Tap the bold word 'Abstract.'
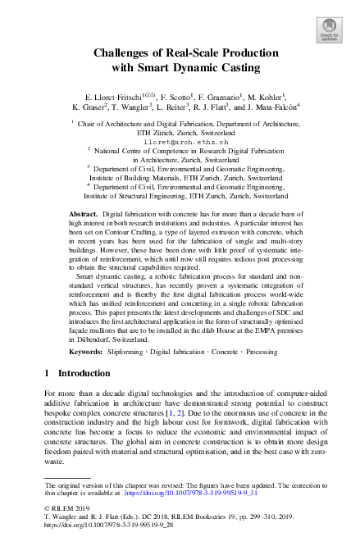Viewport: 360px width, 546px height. point(83,212)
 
